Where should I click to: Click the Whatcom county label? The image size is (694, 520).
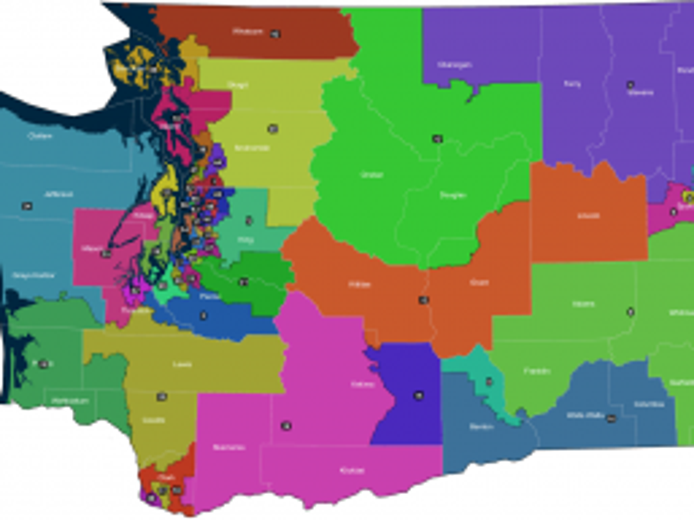(248, 31)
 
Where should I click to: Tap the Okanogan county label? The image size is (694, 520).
(455, 65)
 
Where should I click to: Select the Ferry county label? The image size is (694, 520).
(572, 84)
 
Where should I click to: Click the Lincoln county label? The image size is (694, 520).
(588, 216)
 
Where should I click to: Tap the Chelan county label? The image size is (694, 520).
(372, 174)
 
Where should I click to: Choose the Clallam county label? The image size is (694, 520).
(40, 136)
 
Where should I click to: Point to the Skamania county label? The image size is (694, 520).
(229, 447)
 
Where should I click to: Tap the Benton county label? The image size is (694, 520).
(481, 427)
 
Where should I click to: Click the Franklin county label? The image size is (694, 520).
(537, 371)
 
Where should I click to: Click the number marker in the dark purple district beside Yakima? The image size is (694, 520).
(418, 396)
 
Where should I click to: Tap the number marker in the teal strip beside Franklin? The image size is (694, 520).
(489, 381)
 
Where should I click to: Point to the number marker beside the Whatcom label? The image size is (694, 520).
(275, 34)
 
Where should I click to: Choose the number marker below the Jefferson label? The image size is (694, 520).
(27, 206)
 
